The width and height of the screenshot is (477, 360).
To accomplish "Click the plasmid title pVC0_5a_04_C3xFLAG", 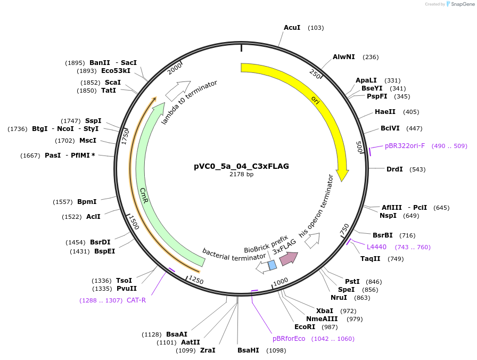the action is [x=241, y=166].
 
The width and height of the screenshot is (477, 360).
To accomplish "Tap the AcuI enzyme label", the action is [x=292, y=28].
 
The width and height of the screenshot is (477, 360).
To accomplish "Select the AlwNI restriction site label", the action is [x=344, y=57].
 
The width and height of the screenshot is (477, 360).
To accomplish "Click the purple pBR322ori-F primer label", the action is [x=405, y=146].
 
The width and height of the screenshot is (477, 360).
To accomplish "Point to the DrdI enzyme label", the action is [x=394, y=169].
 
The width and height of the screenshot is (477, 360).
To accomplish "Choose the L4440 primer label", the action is [x=377, y=247].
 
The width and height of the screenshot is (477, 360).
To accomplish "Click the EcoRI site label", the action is [x=305, y=327].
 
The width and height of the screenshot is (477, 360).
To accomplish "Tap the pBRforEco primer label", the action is [x=289, y=339].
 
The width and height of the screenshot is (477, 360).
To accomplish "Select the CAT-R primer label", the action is [x=136, y=300].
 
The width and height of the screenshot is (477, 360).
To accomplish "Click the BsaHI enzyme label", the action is [x=248, y=350].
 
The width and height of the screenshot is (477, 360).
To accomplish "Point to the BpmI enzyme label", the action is [x=87, y=202].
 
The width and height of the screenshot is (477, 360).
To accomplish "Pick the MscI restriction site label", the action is [x=88, y=141].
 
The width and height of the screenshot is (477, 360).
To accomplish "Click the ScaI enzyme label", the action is [x=113, y=83].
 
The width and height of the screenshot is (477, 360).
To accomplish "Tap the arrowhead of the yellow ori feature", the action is [x=342, y=175].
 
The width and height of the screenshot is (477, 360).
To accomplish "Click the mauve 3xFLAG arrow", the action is [x=289, y=258].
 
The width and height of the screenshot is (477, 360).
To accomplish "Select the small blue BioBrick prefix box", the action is [x=272, y=265].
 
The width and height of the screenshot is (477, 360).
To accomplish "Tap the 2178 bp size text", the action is [x=241, y=174].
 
